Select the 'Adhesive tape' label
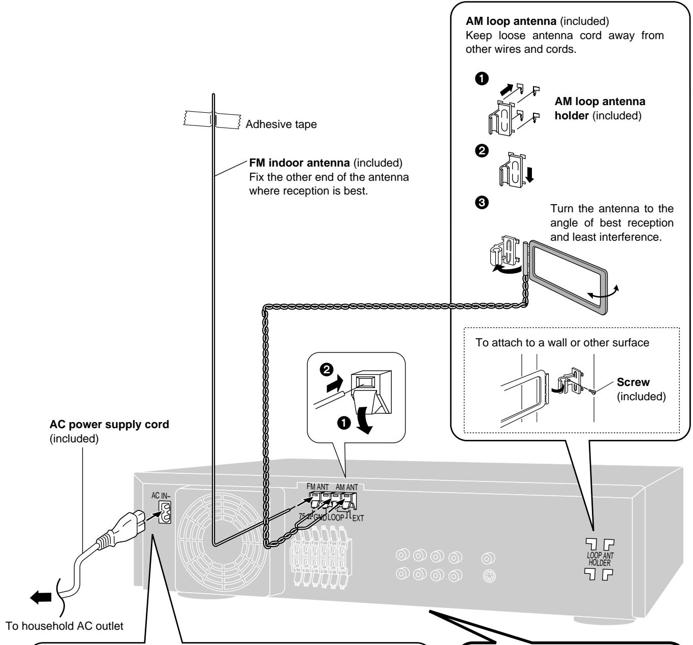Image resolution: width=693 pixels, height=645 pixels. (281, 124)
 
